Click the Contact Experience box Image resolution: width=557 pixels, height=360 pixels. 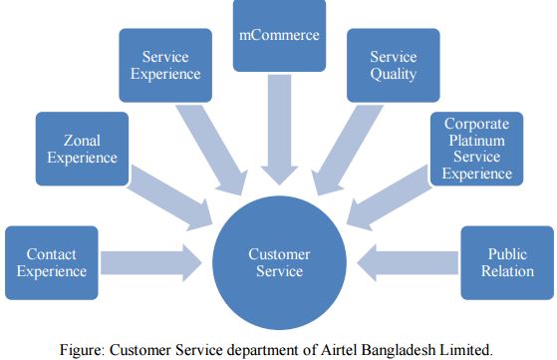click(52, 262)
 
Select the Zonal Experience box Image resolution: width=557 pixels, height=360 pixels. click(83, 149)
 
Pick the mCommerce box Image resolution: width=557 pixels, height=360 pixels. click(279, 37)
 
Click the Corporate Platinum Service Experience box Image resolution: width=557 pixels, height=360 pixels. click(477, 149)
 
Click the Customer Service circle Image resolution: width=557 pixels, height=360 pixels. click(279, 261)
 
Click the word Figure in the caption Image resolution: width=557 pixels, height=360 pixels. click(85, 347)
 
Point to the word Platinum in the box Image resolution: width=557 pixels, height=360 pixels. click(477, 142)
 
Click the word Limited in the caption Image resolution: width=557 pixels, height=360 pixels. click(464, 347)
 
